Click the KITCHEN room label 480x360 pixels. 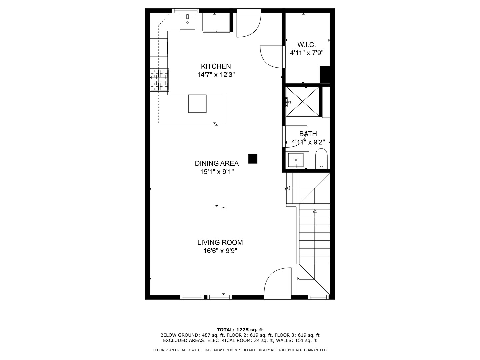[x=216, y=66]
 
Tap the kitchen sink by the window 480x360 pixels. [x=187, y=22]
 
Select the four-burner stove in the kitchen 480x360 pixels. [x=160, y=80]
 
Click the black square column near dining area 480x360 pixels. [x=253, y=159]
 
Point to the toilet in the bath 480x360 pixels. [x=321, y=159]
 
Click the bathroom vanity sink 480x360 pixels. [x=296, y=160]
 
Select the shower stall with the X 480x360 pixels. [x=303, y=101]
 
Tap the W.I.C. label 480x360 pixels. [x=307, y=45]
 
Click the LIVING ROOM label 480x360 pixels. [x=220, y=242]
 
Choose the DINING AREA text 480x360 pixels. [x=217, y=163]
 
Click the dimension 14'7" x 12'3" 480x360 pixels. [x=216, y=75]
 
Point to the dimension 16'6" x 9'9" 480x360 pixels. [x=220, y=251]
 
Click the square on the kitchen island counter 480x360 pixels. [x=197, y=104]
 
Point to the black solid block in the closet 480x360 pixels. [x=325, y=75]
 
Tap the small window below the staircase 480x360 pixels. [x=318, y=297]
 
